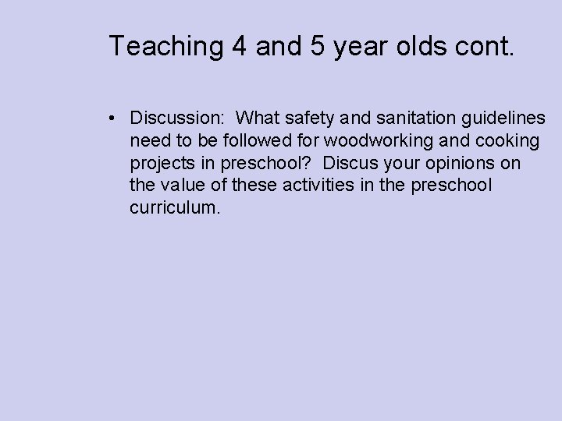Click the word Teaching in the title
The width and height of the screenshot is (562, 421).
point(166,46)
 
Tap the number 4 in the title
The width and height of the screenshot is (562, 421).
point(240,46)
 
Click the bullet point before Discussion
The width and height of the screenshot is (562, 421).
point(114,119)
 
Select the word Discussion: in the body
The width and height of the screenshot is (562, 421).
point(178,119)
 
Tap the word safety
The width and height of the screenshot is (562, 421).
point(306,119)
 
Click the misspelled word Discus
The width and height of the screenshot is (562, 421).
point(349,164)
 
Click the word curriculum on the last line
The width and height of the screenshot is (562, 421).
point(176,209)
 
